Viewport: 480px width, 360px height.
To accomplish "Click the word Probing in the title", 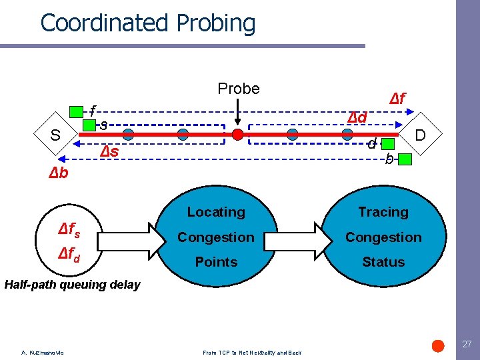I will [x=216, y=23].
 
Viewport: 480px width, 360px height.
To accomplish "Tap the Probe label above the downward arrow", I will [x=239, y=89].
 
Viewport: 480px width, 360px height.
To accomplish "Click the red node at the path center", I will [x=237, y=135].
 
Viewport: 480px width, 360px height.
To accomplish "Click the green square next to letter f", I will [x=77, y=111].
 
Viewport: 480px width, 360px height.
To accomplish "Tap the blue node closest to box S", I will [x=128, y=135].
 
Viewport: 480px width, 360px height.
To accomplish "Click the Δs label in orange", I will [x=109, y=151].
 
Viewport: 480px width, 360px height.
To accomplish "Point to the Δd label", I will [x=357, y=117].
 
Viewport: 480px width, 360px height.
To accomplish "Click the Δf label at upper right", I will [x=397, y=99].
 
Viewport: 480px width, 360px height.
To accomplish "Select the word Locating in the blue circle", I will [x=216, y=212].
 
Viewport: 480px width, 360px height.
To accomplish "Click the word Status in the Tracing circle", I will [x=383, y=262].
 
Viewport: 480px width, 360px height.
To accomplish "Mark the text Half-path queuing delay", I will [x=72, y=285].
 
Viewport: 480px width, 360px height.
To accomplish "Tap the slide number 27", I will [x=467, y=345].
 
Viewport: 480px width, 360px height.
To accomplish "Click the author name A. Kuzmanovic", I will [x=42, y=353].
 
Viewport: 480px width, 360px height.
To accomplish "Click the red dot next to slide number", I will [x=438, y=345].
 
